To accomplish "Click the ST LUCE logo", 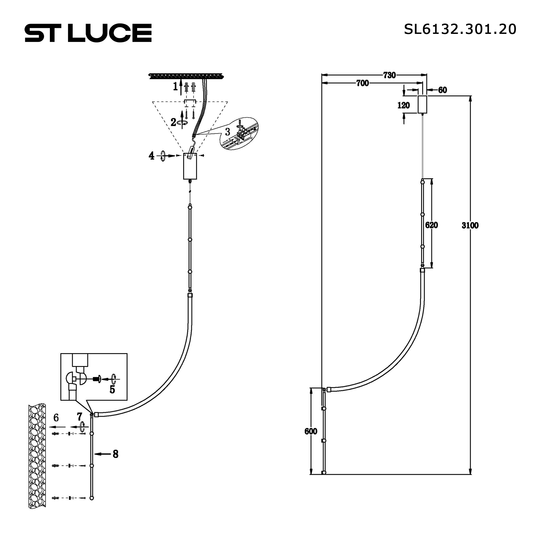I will [x=88, y=33].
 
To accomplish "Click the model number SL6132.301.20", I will [x=460, y=29].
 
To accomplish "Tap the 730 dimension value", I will [x=389, y=75].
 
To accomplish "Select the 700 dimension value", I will [x=362, y=83].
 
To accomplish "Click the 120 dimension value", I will [x=404, y=105].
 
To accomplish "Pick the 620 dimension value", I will [x=431, y=225].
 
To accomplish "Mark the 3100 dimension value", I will [x=470, y=225].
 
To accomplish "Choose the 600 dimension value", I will [x=311, y=431].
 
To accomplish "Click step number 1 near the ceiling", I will [x=175, y=87].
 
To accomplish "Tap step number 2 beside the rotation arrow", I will [x=173, y=122].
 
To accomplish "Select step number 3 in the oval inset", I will [x=228, y=132].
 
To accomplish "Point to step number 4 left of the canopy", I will [x=151, y=156].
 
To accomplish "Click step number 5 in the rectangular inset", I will [x=112, y=389].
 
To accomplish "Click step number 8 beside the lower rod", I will [x=115, y=454].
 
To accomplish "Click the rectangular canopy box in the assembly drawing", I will [x=190, y=167].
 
